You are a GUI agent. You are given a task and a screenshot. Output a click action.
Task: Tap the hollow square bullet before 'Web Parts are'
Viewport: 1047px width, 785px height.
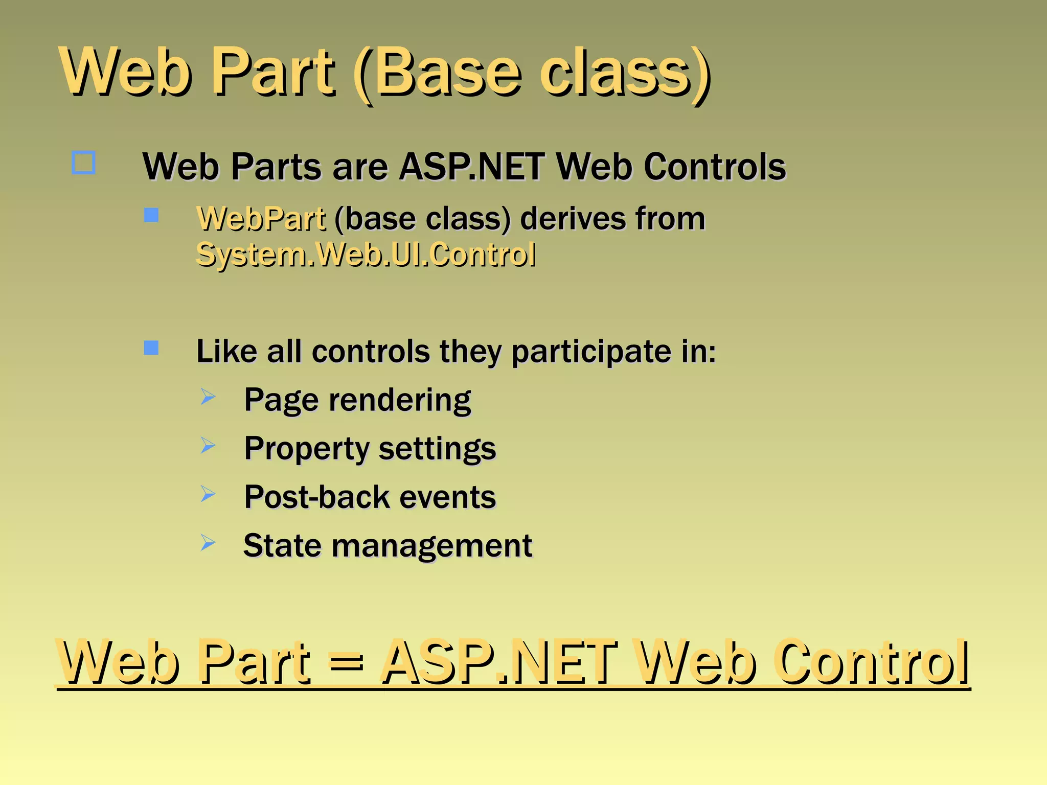[x=83, y=163]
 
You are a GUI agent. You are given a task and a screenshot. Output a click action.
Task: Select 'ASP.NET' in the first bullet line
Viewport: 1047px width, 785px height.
[x=471, y=167]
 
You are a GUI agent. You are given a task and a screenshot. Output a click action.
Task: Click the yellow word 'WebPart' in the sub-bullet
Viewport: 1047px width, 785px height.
[x=261, y=219]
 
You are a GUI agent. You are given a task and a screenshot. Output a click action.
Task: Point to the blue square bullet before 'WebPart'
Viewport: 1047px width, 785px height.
[x=151, y=215]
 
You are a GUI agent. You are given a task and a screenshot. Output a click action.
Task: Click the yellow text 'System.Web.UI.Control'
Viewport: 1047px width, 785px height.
[x=366, y=255]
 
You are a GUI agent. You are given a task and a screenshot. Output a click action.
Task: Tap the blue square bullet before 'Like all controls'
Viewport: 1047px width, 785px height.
[x=151, y=348]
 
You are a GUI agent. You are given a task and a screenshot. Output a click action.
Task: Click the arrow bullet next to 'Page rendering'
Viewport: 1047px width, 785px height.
[x=208, y=397]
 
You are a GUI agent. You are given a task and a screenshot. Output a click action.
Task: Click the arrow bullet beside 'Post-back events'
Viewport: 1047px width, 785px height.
[x=208, y=494]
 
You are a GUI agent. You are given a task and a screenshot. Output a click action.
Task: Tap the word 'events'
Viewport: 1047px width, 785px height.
[x=447, y=497]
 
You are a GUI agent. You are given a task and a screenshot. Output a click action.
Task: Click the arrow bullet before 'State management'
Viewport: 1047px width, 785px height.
[x=208, y=542]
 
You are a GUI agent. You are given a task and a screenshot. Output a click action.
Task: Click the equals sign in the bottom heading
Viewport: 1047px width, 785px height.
[x=346, y=662]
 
